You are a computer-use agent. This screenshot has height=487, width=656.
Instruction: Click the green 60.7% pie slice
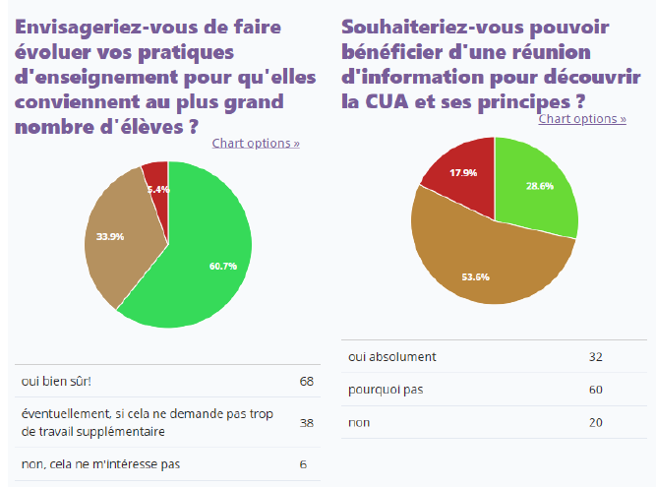coord(211,256)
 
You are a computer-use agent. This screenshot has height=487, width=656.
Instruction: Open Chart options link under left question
coord(256,144)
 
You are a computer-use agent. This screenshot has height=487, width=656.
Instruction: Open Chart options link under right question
coord(582,119)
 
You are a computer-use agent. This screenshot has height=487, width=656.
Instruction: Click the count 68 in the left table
coord(306,381)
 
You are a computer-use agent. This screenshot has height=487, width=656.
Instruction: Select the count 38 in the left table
coord(306,423)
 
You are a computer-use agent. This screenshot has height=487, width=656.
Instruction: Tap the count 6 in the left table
coord(303,464)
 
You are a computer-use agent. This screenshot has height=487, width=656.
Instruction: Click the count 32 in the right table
coord(595,356)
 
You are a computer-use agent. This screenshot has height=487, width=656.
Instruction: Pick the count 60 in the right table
coord(595,390)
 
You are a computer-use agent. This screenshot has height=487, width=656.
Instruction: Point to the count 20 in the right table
coord(595,422)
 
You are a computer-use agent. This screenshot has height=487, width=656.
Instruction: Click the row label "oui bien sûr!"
coord(56,381)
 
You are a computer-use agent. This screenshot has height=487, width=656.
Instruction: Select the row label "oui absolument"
coord(391,356)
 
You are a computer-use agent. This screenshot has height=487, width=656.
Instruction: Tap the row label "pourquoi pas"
coord(386,390)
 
